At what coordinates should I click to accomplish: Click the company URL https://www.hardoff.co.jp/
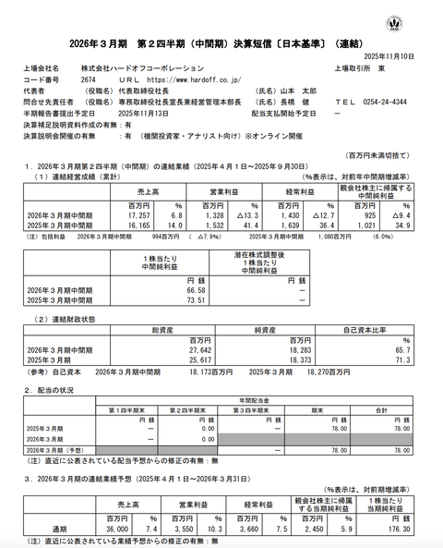tap(181, 79)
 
